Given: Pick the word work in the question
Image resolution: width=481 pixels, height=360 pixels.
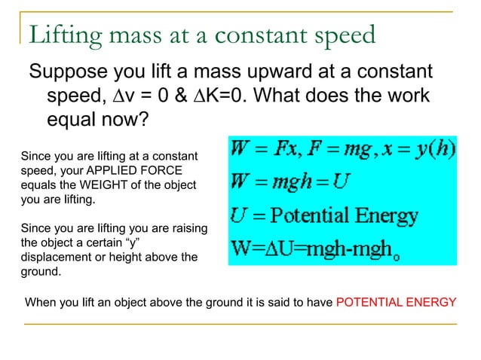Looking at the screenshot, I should click(x=404, y=97).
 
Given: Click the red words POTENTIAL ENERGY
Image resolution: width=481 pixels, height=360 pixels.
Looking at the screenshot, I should click(x=396, y=303).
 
